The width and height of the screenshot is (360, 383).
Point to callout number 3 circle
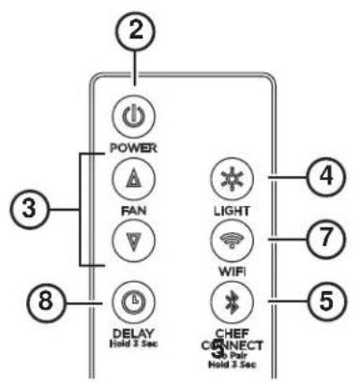28,207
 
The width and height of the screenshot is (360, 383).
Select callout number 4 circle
324,176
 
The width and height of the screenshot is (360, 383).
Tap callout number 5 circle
324,302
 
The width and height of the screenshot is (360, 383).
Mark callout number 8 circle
52,302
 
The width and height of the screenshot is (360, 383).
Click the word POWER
132,148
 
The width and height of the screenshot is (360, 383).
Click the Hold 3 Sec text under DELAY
132,344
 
